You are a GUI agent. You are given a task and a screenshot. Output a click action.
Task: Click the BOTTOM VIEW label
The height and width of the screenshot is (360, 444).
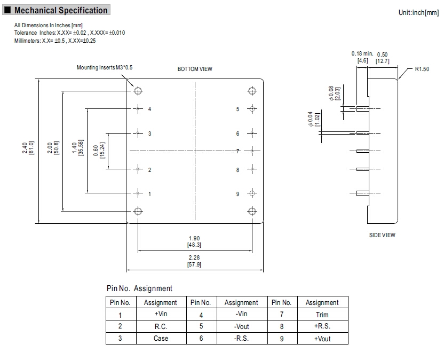[x=195, y=69]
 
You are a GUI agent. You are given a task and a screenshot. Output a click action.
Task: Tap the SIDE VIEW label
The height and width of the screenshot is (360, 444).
[x=382, y=235]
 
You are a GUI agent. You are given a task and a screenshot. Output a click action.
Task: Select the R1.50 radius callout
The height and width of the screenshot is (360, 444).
[x=422, y=69]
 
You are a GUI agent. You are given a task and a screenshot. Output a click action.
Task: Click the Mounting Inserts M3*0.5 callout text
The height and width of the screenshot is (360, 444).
[x=104, y=68]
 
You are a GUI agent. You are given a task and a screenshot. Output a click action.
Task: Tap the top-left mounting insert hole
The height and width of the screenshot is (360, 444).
[x=138, y=90]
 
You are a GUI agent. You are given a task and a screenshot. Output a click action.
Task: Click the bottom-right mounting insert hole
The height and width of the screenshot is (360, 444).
[x=251, y=210]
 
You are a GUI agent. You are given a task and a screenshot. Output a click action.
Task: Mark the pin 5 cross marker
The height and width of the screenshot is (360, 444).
[x=251, y=109]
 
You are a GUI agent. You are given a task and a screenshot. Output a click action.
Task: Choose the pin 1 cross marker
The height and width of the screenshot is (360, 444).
[x=138, y=193]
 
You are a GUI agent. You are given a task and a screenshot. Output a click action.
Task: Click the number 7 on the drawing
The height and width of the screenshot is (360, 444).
[x=238, y=152]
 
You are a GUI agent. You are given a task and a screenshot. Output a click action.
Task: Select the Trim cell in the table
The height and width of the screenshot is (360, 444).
[x=322, y=315]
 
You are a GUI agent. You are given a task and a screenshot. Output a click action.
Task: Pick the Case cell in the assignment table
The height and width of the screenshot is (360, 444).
[x=161, y=338]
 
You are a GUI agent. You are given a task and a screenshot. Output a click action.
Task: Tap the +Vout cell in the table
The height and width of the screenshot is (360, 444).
[x=322, y=338]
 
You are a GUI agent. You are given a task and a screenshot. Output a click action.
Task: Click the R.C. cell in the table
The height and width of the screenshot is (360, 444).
[x=161, y=326]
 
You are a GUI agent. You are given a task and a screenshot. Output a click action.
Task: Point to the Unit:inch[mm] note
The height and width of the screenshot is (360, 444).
[x=418, y=12]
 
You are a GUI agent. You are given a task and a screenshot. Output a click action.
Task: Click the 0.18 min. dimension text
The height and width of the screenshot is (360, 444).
[x=362, y=54]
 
